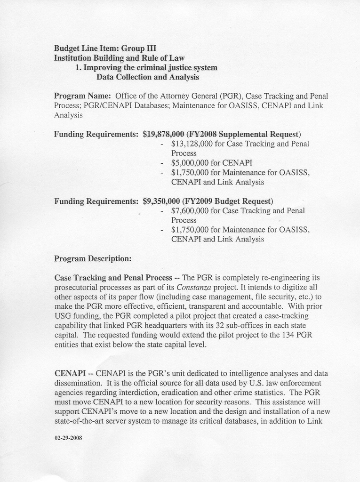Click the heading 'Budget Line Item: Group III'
tap(105, 48)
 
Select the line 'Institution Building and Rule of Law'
tap(119, 58)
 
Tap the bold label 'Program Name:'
tap(82, 96)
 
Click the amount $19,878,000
tap(163, 134)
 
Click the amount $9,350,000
tap(161, 201)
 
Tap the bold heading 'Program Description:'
tap(93, 258)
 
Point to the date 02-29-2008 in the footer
tap(69, 438)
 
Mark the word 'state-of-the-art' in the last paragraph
tap(83, 421)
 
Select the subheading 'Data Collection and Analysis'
tap(147, 77)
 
